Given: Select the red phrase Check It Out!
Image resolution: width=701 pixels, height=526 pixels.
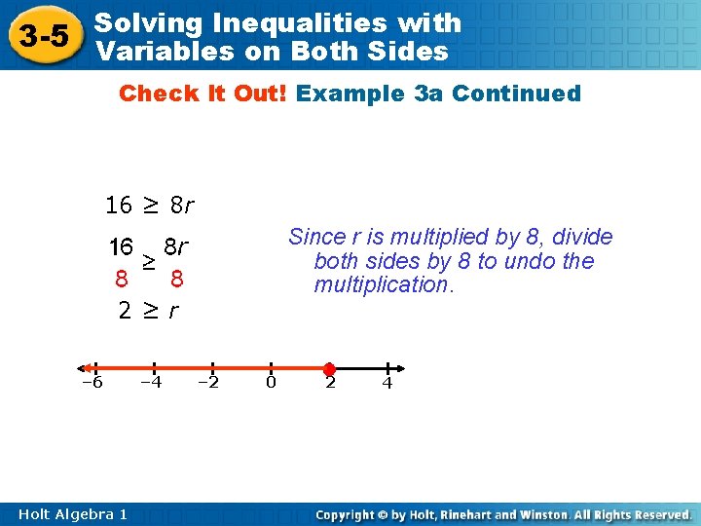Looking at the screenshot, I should pyautogui.click(x=203, y=94).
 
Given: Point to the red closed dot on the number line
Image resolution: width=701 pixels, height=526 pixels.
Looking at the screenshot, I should pyautogui.click(x=329, y=369).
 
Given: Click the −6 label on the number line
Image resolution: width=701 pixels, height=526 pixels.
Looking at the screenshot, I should pyautogui.click(x=92, y=382).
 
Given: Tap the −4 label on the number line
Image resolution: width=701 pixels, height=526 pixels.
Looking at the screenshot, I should pyautogui.click(x=151, y=382).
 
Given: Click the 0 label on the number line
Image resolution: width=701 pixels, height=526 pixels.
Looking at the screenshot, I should pyautogui.click(x=271, y=382).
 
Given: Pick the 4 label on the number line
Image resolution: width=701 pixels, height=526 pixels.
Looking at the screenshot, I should pyautogui.click(x=387, y=383).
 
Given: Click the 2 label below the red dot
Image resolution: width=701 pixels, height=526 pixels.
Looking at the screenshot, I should pyautogui.click(x=330, y=383).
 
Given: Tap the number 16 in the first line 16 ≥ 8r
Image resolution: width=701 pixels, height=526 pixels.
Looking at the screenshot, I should pyautogui.click(x=119, y=206).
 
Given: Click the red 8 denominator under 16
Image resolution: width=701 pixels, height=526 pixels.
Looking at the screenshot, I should pyautogui.click(x=121, y=280).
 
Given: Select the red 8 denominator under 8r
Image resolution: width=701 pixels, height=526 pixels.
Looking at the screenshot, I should pyautogui.click(x=176, y=280).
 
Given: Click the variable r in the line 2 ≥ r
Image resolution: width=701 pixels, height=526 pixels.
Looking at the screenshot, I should pyautogui.click(x=173, y=312).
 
